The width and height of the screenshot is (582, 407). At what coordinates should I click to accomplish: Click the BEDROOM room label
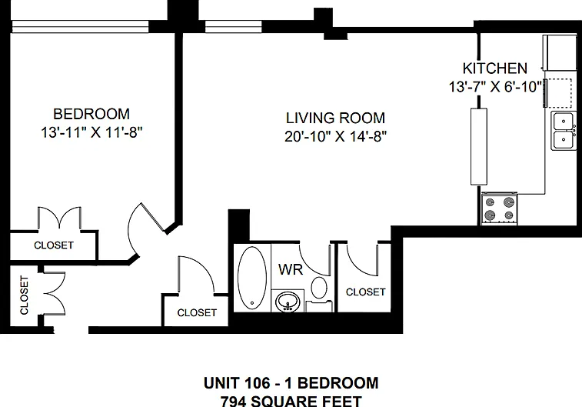(91, 114)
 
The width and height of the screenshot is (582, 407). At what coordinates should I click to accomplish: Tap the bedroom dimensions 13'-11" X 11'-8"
(91, 132)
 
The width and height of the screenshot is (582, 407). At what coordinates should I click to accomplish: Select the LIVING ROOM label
(335, 118)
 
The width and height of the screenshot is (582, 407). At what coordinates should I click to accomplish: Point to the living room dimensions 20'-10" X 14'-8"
(335, 137)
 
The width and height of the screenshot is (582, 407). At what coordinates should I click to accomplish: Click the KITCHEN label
(495, 68)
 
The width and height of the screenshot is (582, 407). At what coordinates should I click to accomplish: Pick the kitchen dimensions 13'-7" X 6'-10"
(496, 87)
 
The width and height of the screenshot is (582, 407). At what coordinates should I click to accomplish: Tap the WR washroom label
(291, 269)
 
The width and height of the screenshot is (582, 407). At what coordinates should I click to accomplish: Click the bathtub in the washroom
(252, 278)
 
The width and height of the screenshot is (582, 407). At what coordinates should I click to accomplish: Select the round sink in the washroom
(288, 301)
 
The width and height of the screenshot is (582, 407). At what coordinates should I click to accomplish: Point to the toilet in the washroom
(319, 293)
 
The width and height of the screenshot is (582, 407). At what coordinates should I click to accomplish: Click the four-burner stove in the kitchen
(499, 209)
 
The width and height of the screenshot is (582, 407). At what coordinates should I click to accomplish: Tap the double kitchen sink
(564, 130)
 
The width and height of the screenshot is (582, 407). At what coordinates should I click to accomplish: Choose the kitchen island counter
(479, 146)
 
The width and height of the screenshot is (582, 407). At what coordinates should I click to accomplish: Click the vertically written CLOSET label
(24, 295)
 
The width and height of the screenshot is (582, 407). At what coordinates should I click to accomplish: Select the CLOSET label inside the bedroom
(54, 245)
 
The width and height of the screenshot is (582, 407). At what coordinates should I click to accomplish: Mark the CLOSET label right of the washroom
(366, 292)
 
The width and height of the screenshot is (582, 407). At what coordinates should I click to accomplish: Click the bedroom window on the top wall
(80, 27)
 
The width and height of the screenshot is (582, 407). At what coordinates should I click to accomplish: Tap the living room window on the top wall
(234, 27)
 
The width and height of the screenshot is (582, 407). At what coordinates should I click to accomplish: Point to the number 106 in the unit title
(258, 383)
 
